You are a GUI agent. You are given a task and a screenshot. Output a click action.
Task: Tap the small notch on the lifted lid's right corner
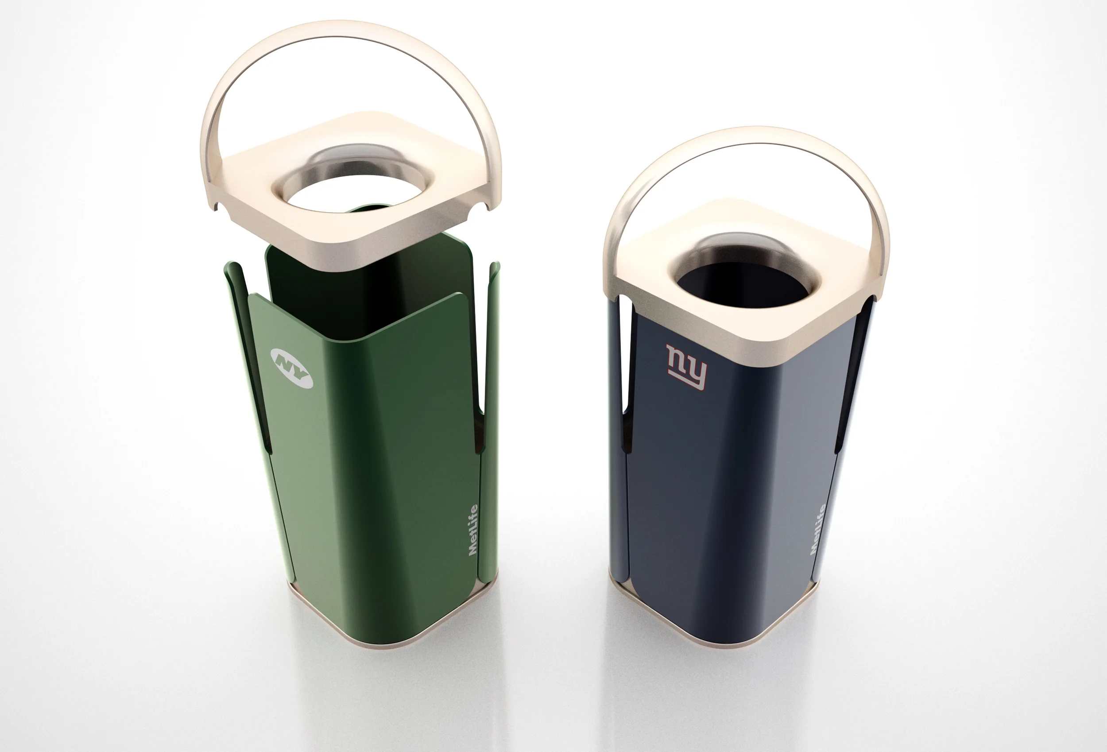[x=485, y=206]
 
